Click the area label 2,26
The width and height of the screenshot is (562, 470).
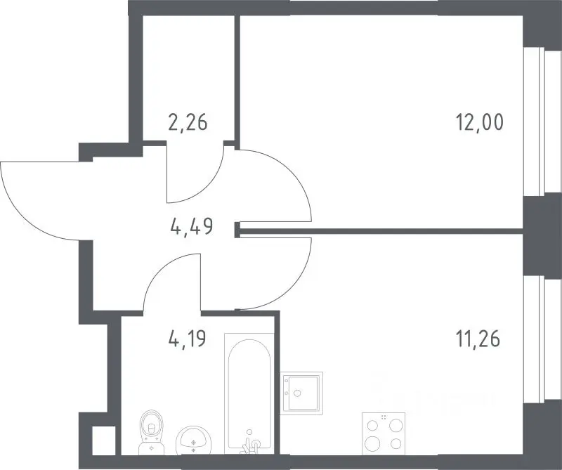click(188, 122)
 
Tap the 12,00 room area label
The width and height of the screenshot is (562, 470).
click(480, 122)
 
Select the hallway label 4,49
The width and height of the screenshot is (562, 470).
click(192, 227)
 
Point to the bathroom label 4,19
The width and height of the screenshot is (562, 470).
click(187, 339)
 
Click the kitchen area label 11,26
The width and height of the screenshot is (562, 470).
click(478, 339)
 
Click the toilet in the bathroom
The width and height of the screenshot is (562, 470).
click(151, 432)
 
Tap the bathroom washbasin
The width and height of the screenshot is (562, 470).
click(193, 440)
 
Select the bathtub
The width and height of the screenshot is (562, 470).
click(249, 394)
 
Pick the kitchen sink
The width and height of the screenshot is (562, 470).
click(301, 393)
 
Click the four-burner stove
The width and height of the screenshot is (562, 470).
click(384, 433)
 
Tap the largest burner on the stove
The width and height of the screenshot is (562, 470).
click(372, 443)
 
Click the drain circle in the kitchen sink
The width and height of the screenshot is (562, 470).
click(296, 393)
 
